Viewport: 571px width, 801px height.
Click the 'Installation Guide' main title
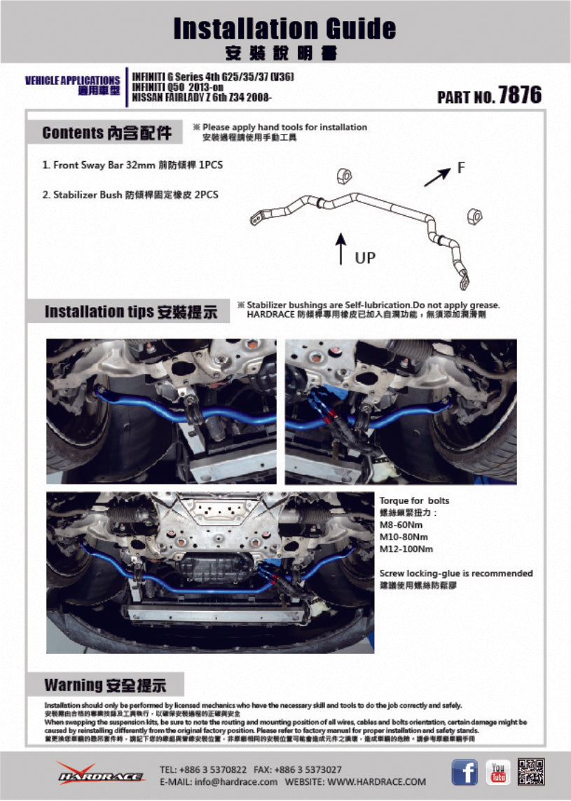(x=284, y=29)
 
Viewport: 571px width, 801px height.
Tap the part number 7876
(x=519, y=95)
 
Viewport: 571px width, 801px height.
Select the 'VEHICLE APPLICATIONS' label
(x=72, y=81)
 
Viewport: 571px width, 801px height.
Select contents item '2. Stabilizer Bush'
(x=130, y=195)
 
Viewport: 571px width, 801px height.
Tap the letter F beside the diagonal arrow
(x=461, y=167)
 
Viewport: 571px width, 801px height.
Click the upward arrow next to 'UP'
(x=340, y=249)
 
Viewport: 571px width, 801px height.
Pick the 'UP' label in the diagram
(x=365, y=257)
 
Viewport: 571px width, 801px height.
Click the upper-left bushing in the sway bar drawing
(x=345, y=177)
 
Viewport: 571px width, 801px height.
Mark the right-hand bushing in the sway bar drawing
(x=474, y=214)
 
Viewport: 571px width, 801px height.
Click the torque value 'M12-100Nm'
(x=406, y=549)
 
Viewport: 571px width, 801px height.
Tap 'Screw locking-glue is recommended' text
(x=455, y=573)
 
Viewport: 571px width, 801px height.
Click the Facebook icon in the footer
(x=464, y=772)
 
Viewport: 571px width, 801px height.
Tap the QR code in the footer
(x=530, y=772)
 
